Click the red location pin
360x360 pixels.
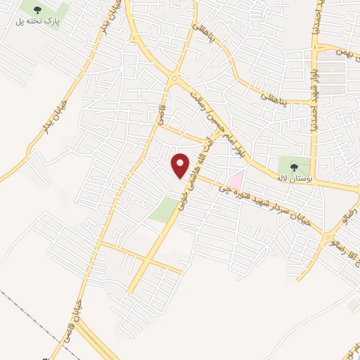coord(181,167)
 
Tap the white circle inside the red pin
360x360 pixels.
coord(181,162)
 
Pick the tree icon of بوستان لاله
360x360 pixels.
coord(293,167)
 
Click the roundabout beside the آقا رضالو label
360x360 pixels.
coord(329,240)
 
